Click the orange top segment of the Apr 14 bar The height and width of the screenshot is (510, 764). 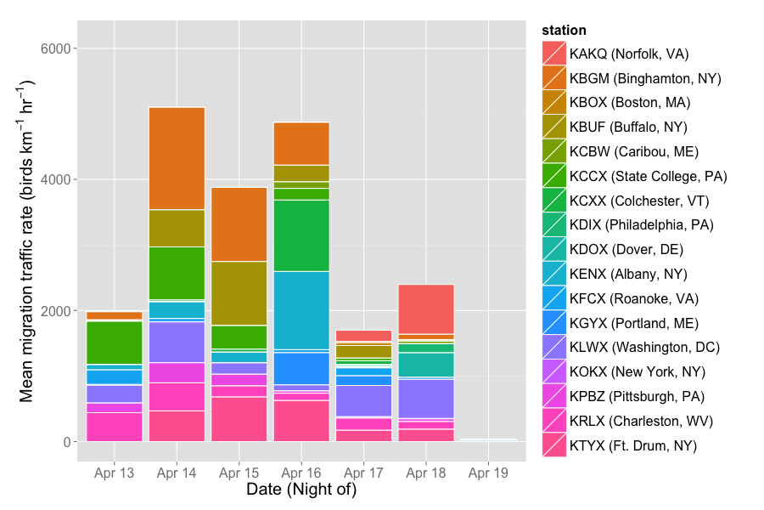(177, 158)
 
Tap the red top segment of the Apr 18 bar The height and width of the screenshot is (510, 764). (426, 309)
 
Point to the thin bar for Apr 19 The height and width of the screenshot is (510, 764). (488, 439)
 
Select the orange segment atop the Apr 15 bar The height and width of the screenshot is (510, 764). (239, 224)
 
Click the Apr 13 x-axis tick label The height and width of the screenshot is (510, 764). (114, 473)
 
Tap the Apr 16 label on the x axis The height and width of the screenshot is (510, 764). (301, 473)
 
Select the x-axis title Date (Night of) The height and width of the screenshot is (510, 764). (301, 490)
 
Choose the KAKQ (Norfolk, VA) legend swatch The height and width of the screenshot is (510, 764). (554, 54)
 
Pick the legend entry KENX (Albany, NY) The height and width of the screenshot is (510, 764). (628, 274)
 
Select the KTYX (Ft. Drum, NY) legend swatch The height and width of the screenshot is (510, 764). (554, 445)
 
